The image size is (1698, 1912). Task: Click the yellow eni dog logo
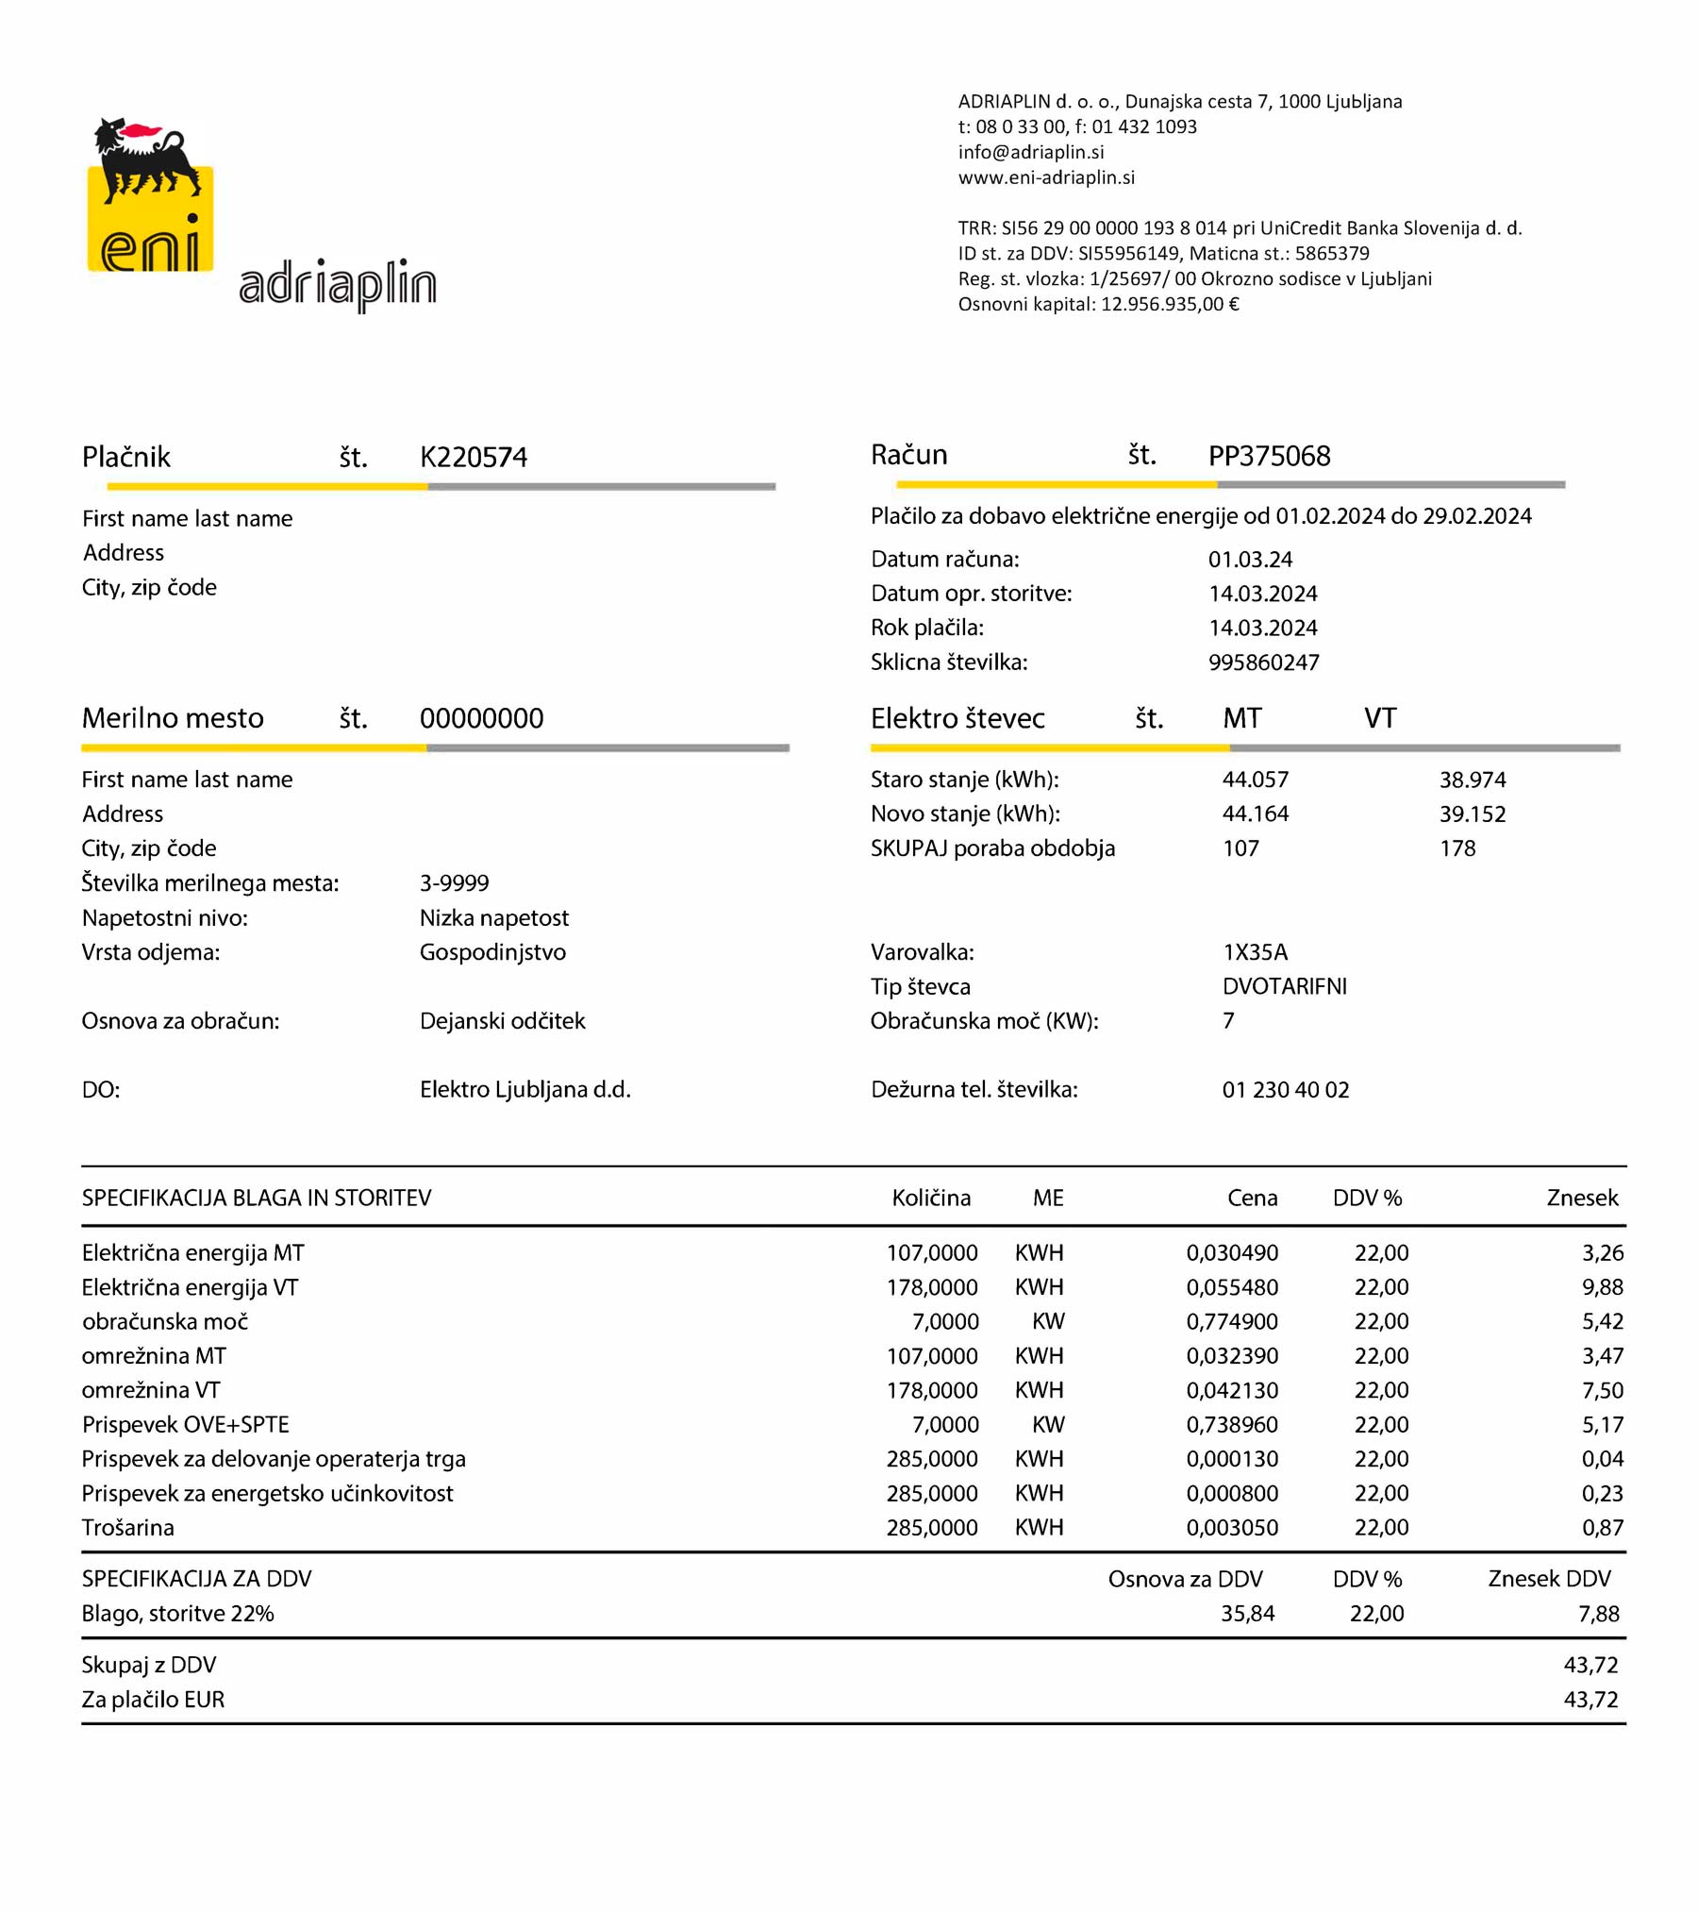pyautogui.click(x=150, y=196)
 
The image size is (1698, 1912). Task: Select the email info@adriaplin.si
pyautogui.click(x=1030, y=152)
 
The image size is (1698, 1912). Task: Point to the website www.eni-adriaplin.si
pyautogui.click(x=1046, y=177)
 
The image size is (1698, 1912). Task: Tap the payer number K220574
pyautogui.click(x=474, y=458)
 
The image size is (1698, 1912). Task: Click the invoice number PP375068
pyautogui.click(x=1269, y=456)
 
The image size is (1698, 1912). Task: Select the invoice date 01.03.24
pyautogui.click(x=1250, y=560)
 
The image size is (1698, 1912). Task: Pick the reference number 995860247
pyautogui.click(x=1263, y=662)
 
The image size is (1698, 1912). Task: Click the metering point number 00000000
pyautogui.click(x=481, y=718)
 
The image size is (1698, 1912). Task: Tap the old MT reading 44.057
pyautogui.click(x=1255, y=780)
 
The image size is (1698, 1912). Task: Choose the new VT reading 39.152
pyautogui.click(x=1472, y=813)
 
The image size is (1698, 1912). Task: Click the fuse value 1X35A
pyautogui.click(x=1255, y=952)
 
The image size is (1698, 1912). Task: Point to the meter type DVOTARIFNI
pyautogui.click(x=1284, y=986)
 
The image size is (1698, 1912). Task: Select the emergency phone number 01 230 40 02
pyautogui.click(x=1285, y=1090)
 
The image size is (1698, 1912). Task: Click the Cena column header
pyautogui.click(x=1252, y=1198)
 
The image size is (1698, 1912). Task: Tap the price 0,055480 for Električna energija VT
pyautogui.click(x=1232, y=1287)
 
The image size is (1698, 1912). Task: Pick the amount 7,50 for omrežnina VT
pyautogui.click(x=1602, y=1390)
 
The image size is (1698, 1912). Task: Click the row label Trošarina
pyautogui.click(x=128, y=1527)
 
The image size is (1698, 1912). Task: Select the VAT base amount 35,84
pyautogui.click(x=1247, y=1613)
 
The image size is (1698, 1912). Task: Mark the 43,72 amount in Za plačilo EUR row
pyautogui.click(x=1590, y=1699)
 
